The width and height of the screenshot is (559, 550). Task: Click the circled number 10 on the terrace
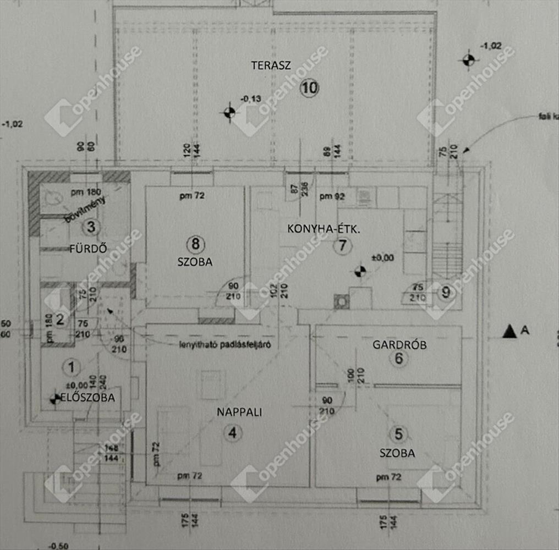pyautogui.click(x=310, y=87)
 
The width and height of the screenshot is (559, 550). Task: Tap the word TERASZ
pyautogui.click(x=271, y=65)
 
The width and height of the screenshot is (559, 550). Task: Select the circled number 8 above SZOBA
pyautogui.click(x=195, y=243)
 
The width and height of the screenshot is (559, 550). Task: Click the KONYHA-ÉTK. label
pyautogui.click(x=323, y=228)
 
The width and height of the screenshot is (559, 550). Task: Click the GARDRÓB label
pyautogui.click(x=400, y=345)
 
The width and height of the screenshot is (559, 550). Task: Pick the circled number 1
pyautogui.click(x=70, y=365)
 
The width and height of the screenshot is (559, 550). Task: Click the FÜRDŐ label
pyautogui.click(x=87, y=248)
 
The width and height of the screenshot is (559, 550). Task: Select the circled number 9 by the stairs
pyautogui.click(x=446, y=293)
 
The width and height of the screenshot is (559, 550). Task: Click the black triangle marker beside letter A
pyautogui.click(x=509, y=331)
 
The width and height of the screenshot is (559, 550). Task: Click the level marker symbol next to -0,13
pyautogui.click(x=229, y=113)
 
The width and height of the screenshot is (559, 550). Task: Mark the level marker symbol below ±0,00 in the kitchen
pyautogui.click(x=360, y=271)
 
